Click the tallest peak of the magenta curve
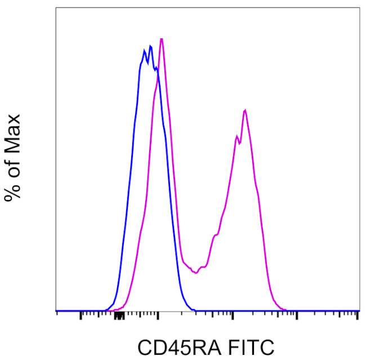[162, 39]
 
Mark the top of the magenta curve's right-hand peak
[245, 110]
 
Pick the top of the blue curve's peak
[150, 46]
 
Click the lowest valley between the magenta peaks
[195, 273]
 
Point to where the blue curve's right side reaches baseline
[194, 310]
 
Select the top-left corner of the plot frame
[56, 7]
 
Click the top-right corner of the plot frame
[359, 7]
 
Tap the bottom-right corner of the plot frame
[359, 311]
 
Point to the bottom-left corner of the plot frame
[56, 311]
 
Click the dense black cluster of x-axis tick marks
[118, 315]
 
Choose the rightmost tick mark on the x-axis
[358, 314]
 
